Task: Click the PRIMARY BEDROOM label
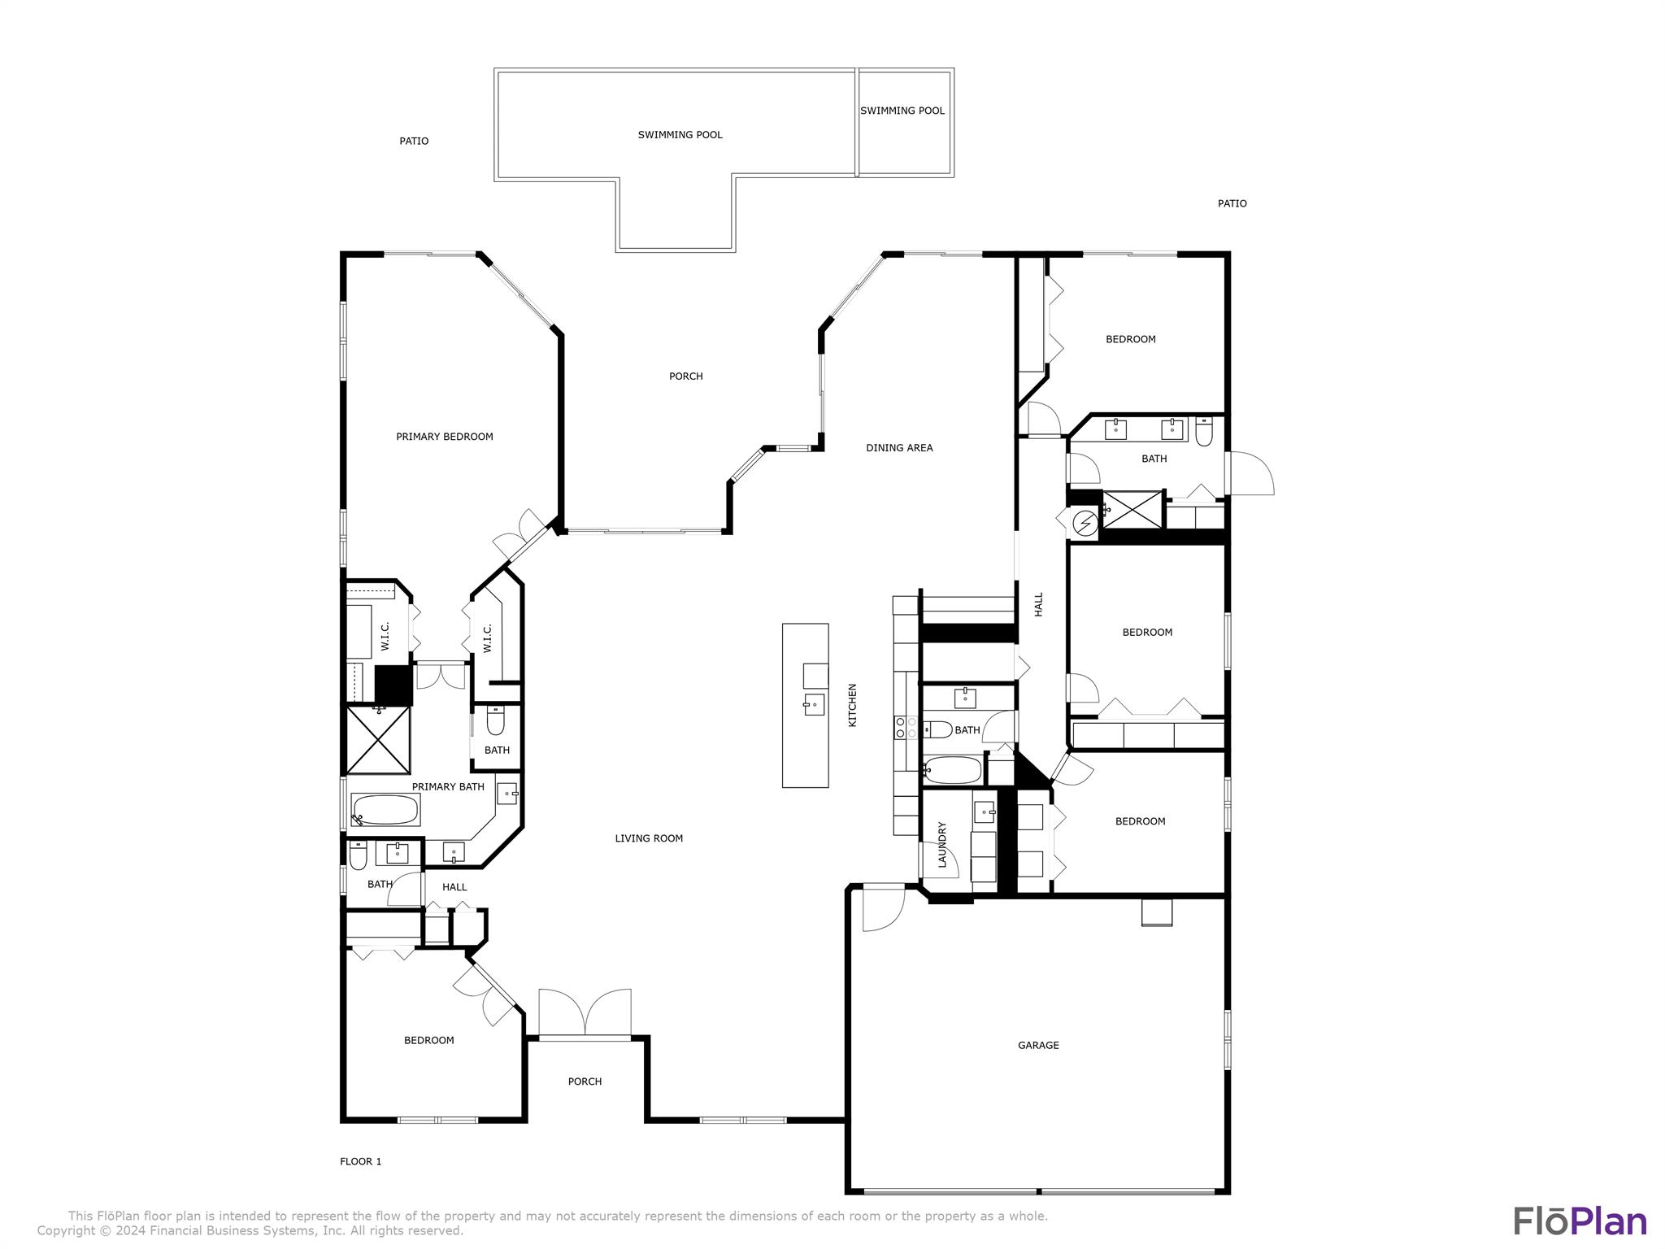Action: (x=445, y=437)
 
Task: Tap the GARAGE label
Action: (x=1038, y=1045)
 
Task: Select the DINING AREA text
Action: (x=899, y=448)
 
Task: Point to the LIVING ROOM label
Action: (x=649, y=838)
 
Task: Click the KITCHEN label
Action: (x=853, y=705)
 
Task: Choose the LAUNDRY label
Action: (x=943, y=845)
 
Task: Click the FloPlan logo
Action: (x=1580, y=1221)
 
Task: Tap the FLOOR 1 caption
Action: (x=360, y=1161)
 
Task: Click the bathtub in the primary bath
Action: (x=385, y=810)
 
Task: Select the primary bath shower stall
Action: (x=378, y=740)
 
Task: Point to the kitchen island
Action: (x=805, y=705)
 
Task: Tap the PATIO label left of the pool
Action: (x=414, y=141)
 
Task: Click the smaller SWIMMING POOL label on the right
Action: (x=902, y=111)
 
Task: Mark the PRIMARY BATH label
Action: (x=448, y=787)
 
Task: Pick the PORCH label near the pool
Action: (x=685, y=376)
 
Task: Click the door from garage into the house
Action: (x=883, y=907)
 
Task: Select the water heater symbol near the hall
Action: (x=1085, y=523)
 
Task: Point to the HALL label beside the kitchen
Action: (x=1039, y=604)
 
